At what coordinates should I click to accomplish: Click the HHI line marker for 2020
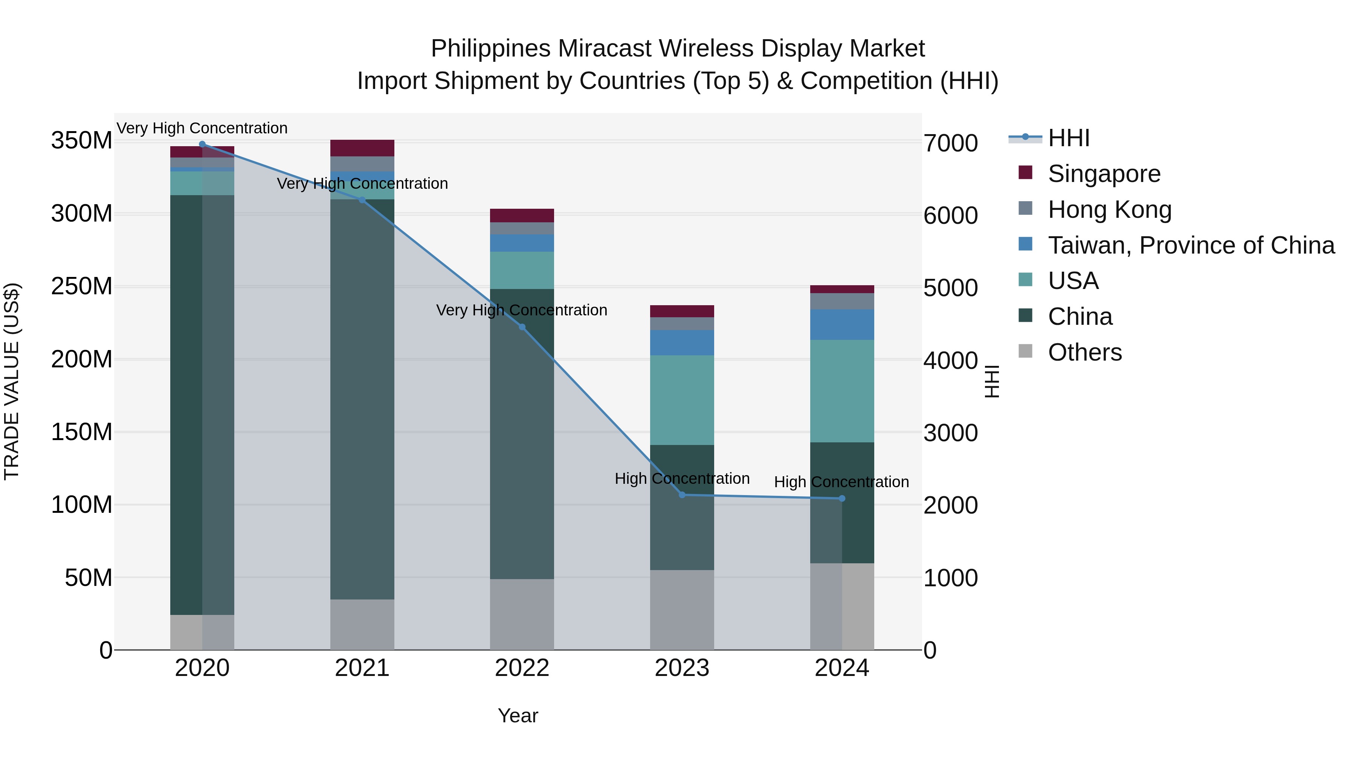tap(202, 144)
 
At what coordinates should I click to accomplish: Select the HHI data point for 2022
tap(522, 327)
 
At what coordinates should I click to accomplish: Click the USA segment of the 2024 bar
tap(842, 391)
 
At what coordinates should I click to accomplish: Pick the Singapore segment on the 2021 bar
tap(362, 148)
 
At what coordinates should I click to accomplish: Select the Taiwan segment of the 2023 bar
tap(682, 343)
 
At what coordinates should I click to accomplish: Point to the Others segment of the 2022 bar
tap(522, 614)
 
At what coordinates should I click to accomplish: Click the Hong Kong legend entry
tap(1109, 209)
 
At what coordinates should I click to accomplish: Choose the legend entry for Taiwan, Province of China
tap(1191, 245)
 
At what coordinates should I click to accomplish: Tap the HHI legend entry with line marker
tap(1068, 138)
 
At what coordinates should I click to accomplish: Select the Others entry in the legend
tap(1084, 352)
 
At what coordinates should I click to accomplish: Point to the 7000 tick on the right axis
tap(951, 143)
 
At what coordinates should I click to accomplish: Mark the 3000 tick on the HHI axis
tap(951, 433)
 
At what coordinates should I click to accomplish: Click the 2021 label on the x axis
tap(362, 668)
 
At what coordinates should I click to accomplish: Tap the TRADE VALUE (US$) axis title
tap(12, 381)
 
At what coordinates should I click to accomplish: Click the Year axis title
tap(518, 716)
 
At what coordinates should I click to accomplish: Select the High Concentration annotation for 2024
tap(841, 482)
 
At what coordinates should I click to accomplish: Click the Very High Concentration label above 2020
tap(202, 128)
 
